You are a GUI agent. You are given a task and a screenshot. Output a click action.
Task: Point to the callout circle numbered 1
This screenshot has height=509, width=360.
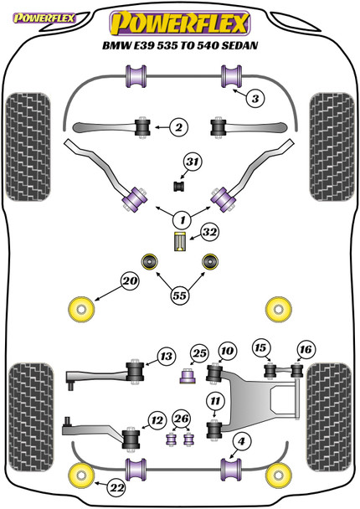point(179,220)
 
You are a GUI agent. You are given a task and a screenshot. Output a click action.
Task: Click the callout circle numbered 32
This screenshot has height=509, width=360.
point(208,233)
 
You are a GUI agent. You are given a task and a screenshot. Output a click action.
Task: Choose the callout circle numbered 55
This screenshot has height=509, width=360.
point(178,294)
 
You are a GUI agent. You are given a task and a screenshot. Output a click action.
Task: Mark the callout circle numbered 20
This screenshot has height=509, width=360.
point(129,284)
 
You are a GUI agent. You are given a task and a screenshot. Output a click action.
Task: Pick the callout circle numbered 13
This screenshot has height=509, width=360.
point(166,357)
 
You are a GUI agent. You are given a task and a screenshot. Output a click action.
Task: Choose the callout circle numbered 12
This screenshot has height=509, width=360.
point(157,419)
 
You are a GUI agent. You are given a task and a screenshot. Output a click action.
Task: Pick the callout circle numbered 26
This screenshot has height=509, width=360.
point(180,419)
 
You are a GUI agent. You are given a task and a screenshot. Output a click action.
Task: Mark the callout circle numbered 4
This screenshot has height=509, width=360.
point(241,442)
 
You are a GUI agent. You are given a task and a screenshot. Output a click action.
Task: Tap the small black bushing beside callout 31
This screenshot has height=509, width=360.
point(178,184)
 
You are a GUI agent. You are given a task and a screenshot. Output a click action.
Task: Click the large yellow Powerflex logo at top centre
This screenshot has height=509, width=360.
point(180,19)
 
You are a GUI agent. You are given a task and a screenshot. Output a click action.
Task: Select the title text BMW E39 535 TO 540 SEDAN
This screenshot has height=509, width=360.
point(180,46)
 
